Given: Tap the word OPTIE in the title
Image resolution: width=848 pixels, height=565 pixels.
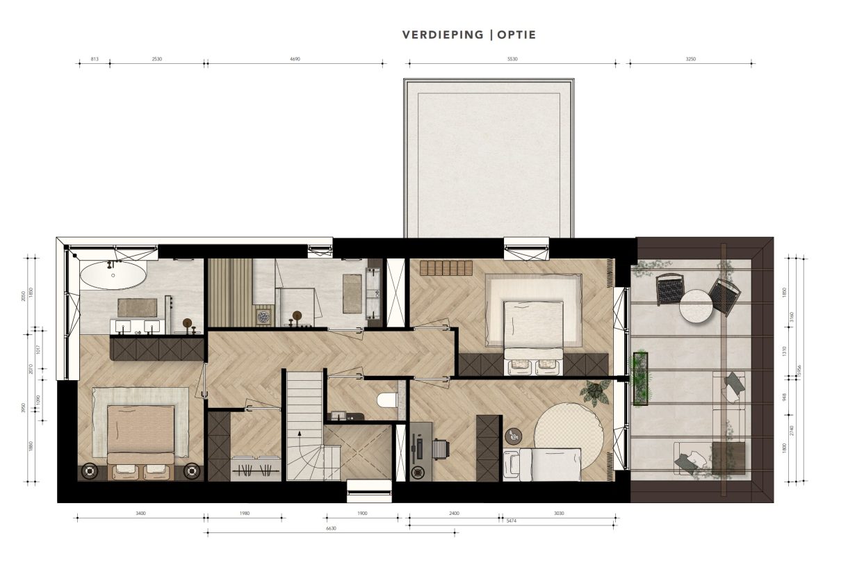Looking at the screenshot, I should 516,35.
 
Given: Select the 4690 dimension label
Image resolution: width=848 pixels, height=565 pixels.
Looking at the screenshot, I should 295,59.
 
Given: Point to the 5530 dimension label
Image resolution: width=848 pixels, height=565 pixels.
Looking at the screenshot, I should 512,59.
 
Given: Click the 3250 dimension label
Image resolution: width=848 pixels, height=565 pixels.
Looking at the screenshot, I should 691,59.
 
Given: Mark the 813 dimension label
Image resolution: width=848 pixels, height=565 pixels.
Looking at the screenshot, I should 95,59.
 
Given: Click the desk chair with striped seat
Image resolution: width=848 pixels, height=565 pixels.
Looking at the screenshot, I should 440,450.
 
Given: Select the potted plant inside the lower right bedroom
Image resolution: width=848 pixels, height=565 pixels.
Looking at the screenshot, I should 596,392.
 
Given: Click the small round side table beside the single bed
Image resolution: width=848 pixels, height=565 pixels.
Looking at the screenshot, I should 512,436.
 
